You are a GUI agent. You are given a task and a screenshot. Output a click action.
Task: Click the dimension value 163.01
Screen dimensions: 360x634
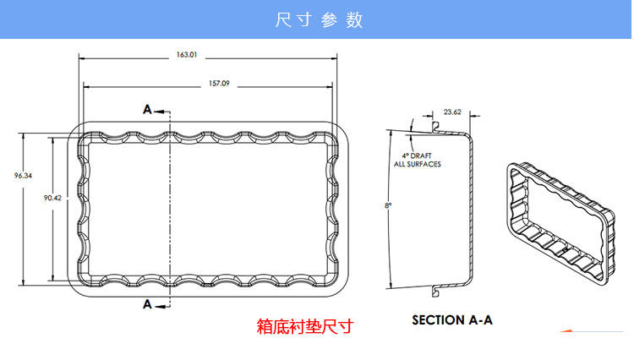pyautogui.click(x=186, y=55)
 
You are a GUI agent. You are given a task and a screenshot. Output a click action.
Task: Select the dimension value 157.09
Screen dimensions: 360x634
pyautogui.click(x=219, y=84)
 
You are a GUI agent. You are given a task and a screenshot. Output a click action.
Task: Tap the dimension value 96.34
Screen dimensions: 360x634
pyautogui.click(x=23, y=176)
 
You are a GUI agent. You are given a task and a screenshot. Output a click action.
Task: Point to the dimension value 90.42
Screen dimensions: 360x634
pyautogui.click(x=52, y=198)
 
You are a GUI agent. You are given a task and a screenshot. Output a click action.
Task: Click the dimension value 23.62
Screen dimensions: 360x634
pyautogui.click(x=452, y=112)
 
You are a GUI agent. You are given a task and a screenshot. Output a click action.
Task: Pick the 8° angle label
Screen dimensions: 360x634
pyautogui.click(x=388, y=205)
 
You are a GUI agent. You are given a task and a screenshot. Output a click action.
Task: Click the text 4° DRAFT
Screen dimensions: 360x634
pyautogui.click(x=417, y=156)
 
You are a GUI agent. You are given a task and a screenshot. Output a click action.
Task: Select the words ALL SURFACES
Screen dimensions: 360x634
pyautogui.click(x=417, y=164)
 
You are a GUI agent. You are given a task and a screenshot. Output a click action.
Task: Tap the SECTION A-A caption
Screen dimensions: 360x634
pyautogui.click(x=451, y=320)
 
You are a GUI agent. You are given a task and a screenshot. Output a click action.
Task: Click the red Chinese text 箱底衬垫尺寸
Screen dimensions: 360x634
pyautogui.click(x=304, y=326)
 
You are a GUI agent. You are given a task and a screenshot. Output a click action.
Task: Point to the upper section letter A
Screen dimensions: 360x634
pyautogui.click(x=147, y=110)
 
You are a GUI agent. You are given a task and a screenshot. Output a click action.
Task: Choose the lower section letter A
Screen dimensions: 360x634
pyautogui.click(x=147, y=304)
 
